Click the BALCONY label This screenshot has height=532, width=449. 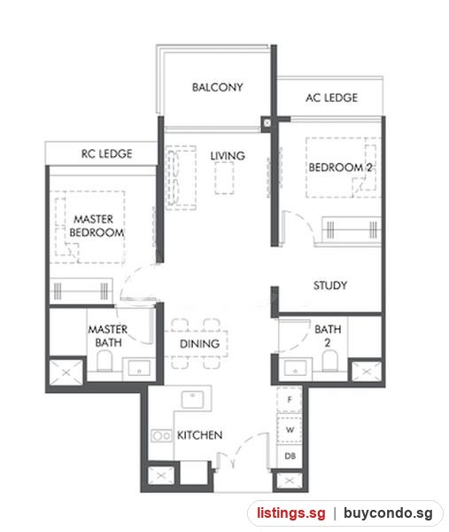[x=217, y=87]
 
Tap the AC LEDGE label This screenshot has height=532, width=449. [x=331, y=98]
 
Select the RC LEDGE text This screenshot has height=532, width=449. [x=107, y=153]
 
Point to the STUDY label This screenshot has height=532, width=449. [x=330, y=286]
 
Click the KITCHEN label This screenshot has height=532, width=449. [x=199, y=435]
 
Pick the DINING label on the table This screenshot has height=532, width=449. [x=199, y=344]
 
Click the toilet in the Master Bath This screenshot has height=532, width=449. [x=105, y=360]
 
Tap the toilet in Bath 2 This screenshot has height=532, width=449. [x=329, y=360]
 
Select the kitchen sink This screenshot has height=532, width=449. [x=192, y=399]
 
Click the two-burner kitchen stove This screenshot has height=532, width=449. [x=161, y=435]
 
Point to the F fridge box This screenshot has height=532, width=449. [x=290, y=399]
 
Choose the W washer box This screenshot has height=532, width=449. [x=290, y=429]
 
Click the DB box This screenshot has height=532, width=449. [x=290, y=457]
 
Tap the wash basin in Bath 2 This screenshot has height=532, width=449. [x=295, y=368]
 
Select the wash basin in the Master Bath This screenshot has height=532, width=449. [x=139, y=368]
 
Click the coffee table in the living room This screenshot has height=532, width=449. [x=224, y=178]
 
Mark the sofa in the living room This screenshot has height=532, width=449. [x=181, y=177]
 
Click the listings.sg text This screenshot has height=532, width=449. [x=290, y=512]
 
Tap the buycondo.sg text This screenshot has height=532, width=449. [x=388, y=512]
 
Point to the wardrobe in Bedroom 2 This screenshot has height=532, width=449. [x=351, y=230]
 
